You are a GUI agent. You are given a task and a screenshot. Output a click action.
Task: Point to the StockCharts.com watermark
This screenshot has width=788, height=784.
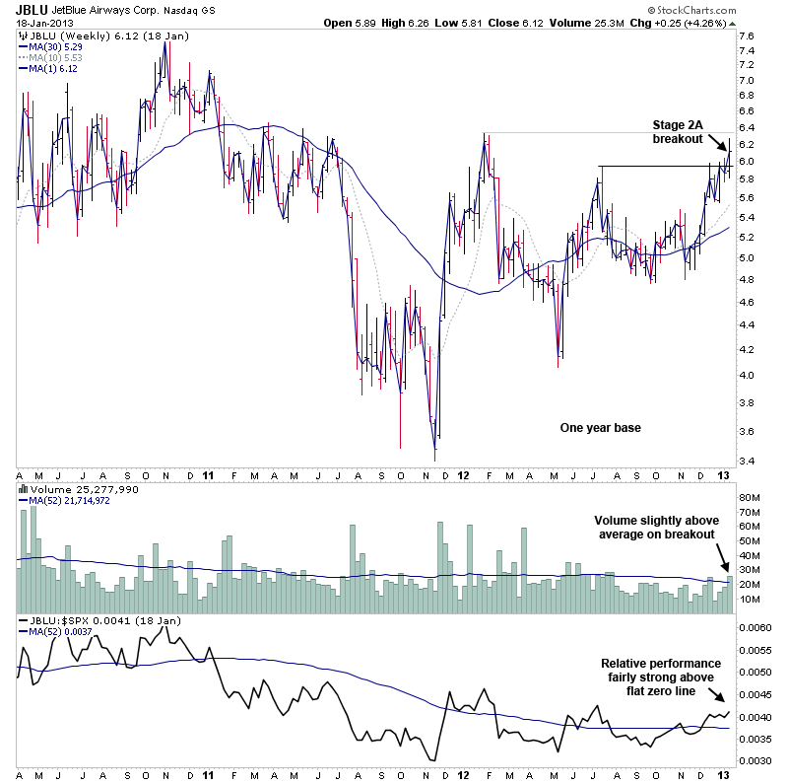pos(732,11)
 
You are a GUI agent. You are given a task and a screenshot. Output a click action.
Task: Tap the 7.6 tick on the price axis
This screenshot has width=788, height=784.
pos(747,36)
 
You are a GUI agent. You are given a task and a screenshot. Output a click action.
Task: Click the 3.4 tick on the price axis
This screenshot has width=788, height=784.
pos(747,461)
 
